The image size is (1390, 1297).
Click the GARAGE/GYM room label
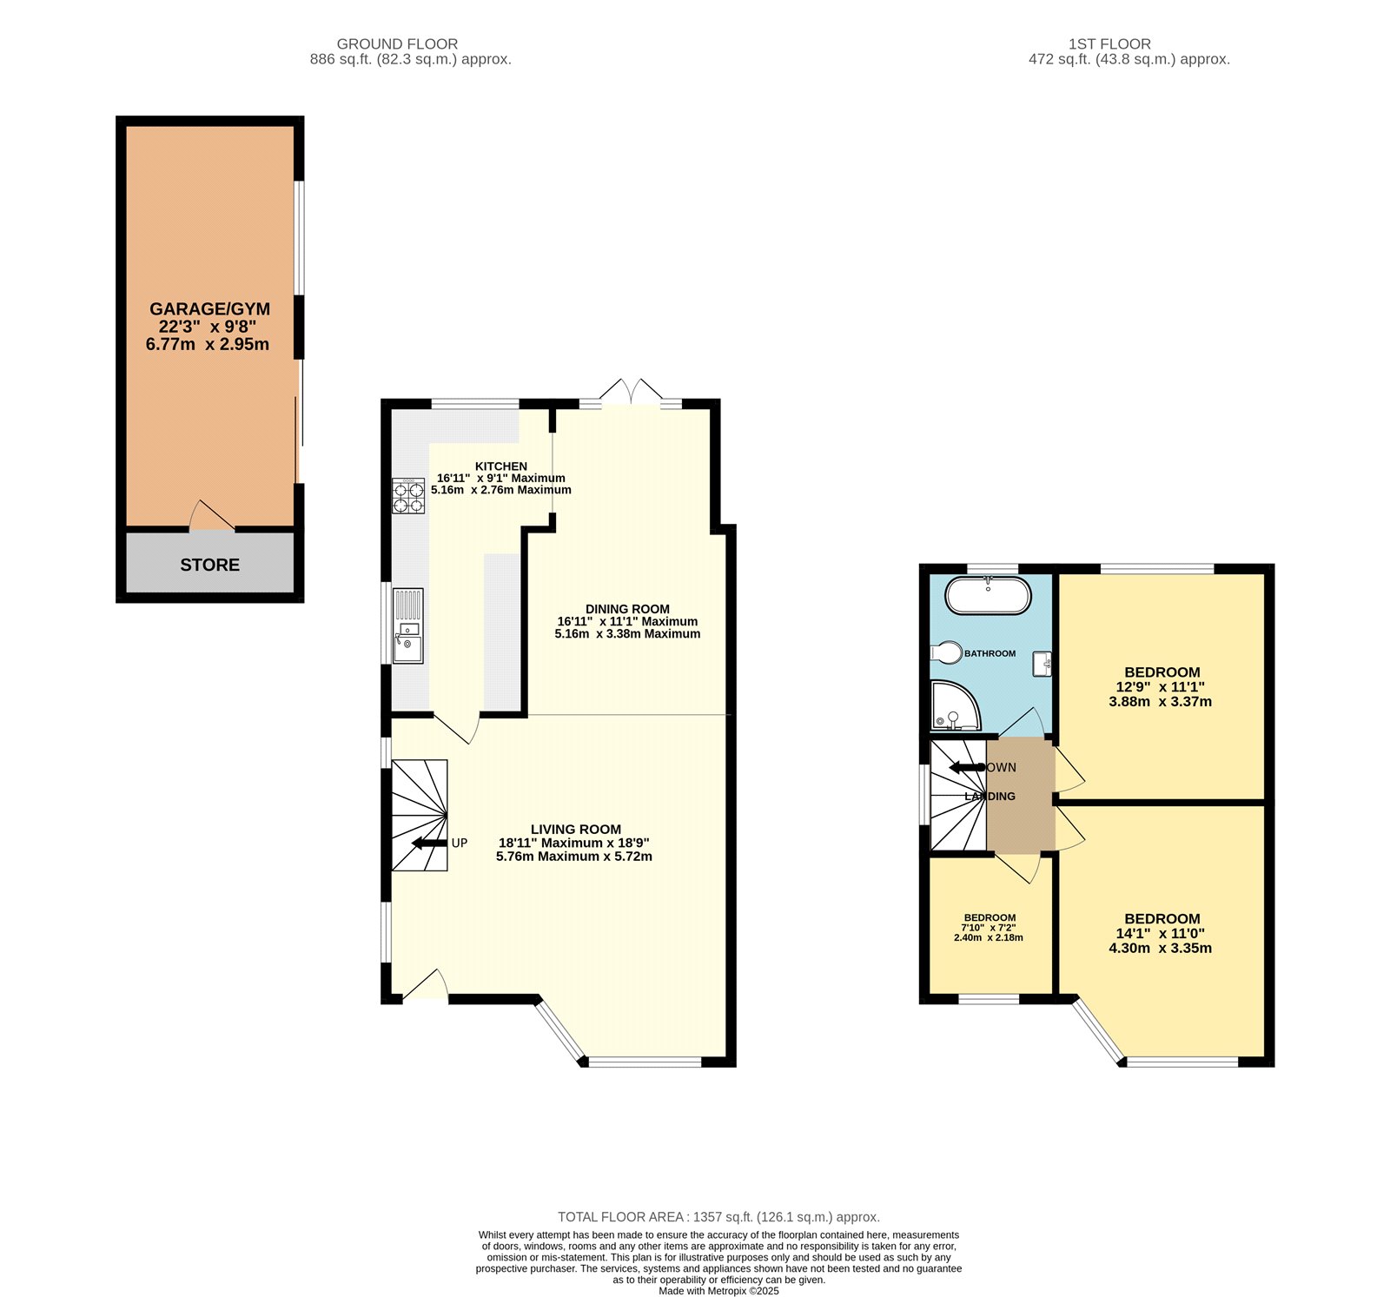[x=209, y=309]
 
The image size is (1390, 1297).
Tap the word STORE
[x=209, y=565]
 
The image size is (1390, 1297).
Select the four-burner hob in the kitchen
[x=408, y=496]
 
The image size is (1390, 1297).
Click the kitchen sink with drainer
[x=407, y=625]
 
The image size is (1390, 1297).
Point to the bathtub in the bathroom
[x=988, y=596]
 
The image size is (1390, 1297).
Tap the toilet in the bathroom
[x=945, y=652]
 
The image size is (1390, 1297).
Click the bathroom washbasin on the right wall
[x=1042, y=664]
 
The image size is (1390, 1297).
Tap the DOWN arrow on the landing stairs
[x=966, y=767]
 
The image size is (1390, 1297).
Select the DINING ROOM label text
[x=627, y=609]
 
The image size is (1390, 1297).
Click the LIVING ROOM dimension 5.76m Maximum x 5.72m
[x=574, y=857]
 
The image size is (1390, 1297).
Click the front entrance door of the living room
[x=426, y=986]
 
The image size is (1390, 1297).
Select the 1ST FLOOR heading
[x=1109, y=43]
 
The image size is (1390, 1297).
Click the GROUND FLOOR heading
[x=397, y=43]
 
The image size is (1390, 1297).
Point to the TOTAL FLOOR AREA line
[x=718, y=1217]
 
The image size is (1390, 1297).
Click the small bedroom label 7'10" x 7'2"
[x=989, y=928]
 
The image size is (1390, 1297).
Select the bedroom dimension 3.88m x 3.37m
[x=1160, y=702]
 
